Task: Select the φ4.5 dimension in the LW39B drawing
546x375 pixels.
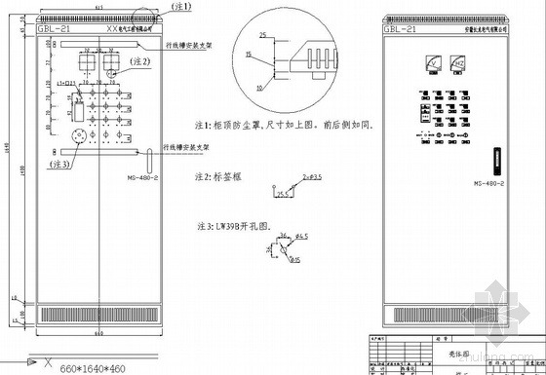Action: coord(303,238)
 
